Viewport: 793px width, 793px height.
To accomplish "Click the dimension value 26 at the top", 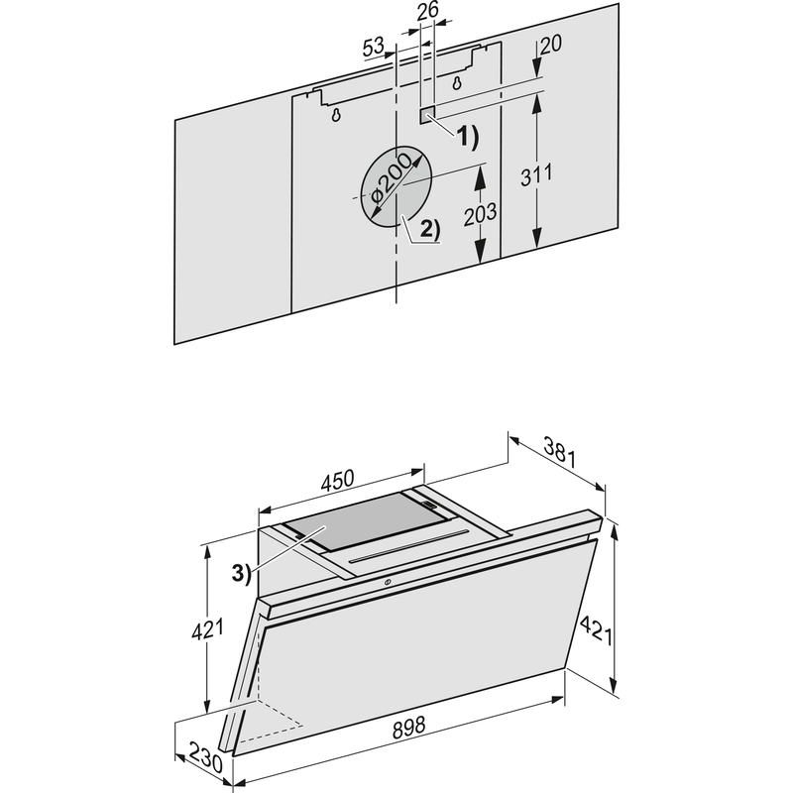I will click(x=427, y=12).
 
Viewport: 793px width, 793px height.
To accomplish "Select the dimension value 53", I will click(x=374, y=46).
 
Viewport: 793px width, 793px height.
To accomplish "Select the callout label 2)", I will click(x=427, y=228).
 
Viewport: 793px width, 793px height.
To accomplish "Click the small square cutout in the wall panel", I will click(x=426, y=115).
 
